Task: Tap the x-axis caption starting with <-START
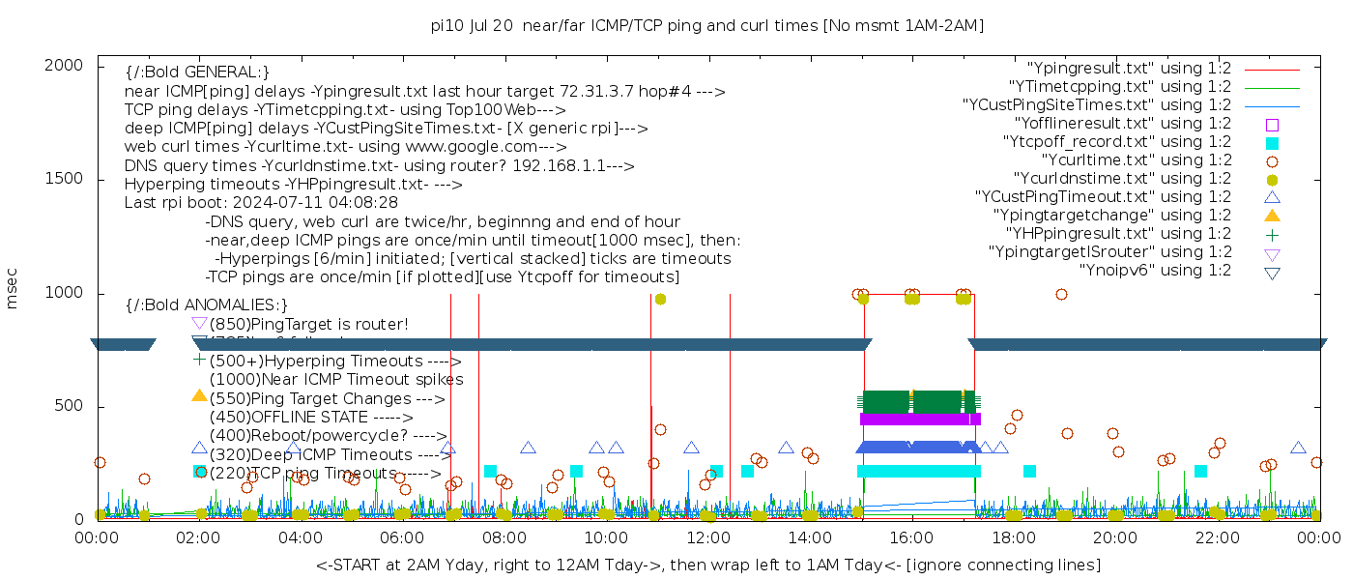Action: click(x=707, y=565)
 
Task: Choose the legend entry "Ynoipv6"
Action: click(x=1155, y=271)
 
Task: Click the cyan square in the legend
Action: click(x=1272, y=143)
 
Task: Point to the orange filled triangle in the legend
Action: click(x=1272, y=216)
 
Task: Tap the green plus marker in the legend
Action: click(x=1272, y=234)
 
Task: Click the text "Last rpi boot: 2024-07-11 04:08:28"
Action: click(x=261, y=203)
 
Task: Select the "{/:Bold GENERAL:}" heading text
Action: click(x=197, y=72)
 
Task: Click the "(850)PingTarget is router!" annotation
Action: click(x=308, y=324)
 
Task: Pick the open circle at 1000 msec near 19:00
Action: click(x=1061, y=295)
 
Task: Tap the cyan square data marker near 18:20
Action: click(x=1029, y=472)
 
